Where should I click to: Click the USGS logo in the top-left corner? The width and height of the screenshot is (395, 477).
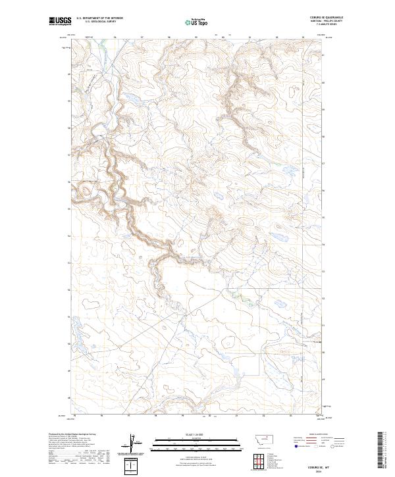coord(60,22)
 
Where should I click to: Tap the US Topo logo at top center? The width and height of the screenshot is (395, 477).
coord(197,22)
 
